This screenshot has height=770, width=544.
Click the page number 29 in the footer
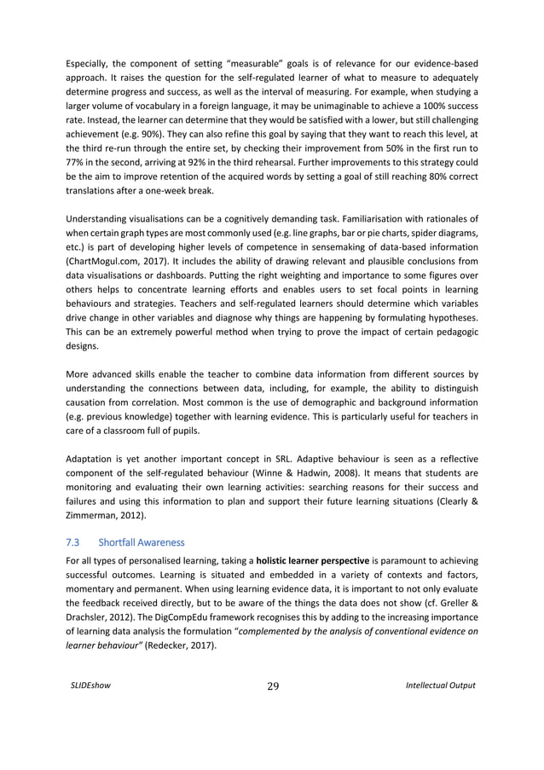coord(272,685)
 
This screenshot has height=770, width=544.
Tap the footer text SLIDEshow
coord(88,685)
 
